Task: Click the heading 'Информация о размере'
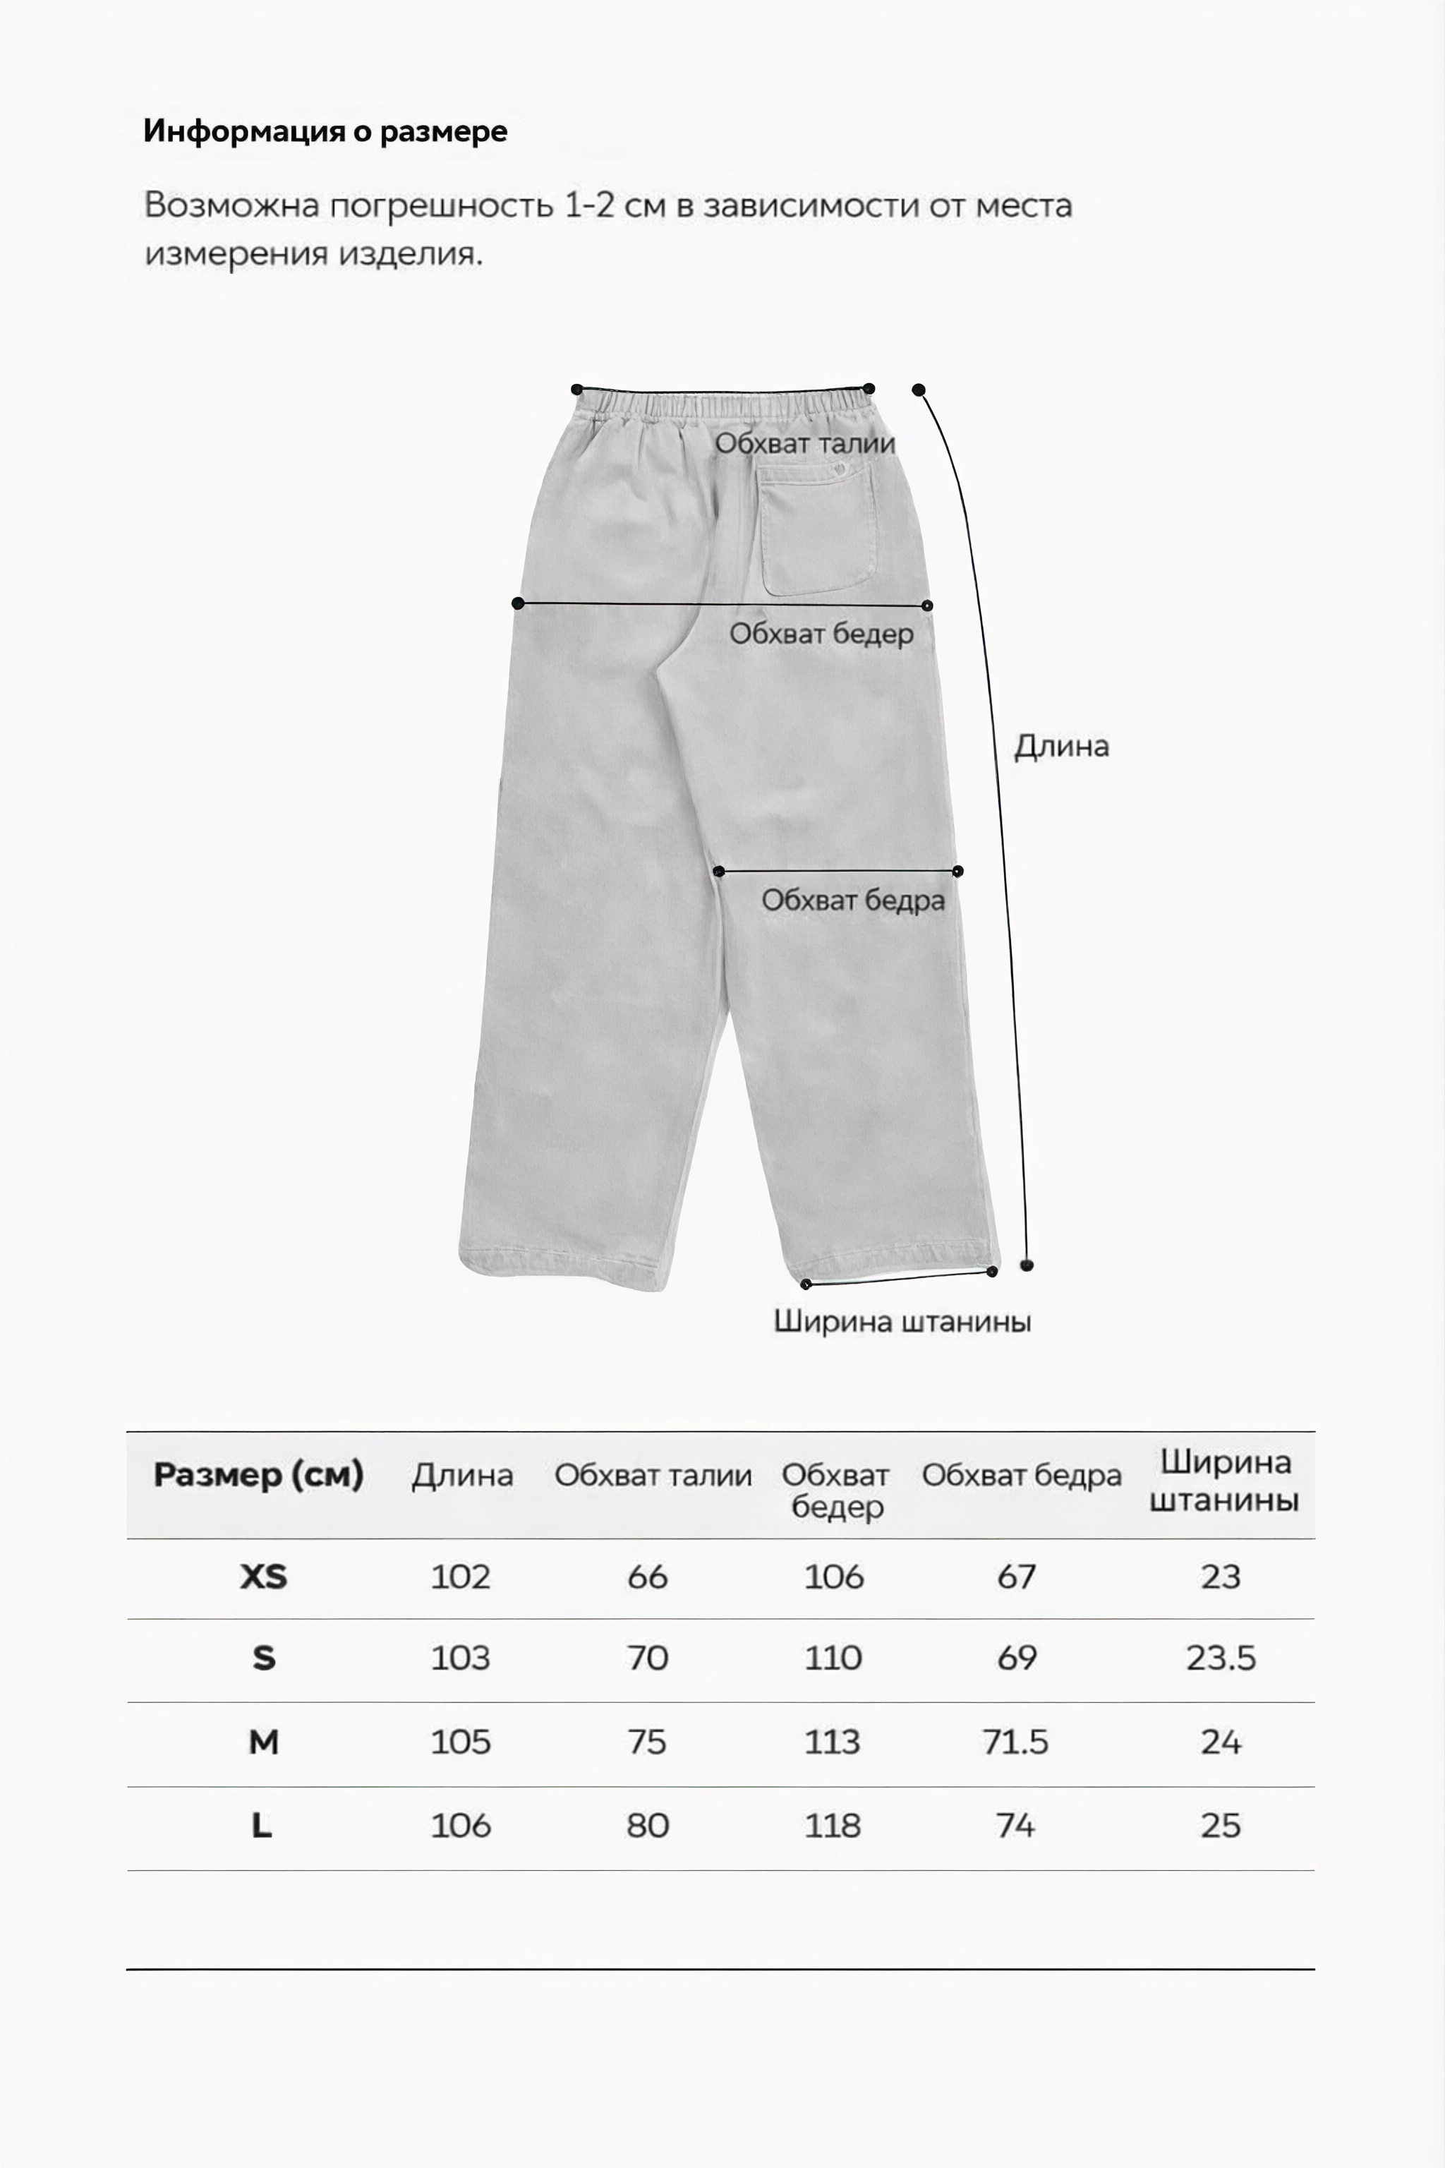click(325, 131)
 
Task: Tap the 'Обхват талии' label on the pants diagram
click(804, 443)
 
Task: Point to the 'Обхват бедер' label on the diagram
click(821, 634)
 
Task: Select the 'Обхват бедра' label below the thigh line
click(852, 901)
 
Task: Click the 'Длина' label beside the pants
click(1060, 746)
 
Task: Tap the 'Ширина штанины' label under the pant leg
click(901, 1322)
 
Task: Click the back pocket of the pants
click(816, 528)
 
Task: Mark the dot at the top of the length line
click(919, 390)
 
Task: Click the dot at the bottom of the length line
click(1027, 1265)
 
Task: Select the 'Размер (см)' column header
click(258, 1475)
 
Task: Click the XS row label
click(264, 1577)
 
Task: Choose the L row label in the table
click(262, 1826)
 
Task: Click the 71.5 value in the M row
click(1015, 1742)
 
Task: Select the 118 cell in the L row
click(832, 1826)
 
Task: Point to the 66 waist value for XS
click(647, 1577)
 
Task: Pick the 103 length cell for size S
click(461, 1658)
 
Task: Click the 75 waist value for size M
click(647, 1742)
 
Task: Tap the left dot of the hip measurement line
click(518, 604)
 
